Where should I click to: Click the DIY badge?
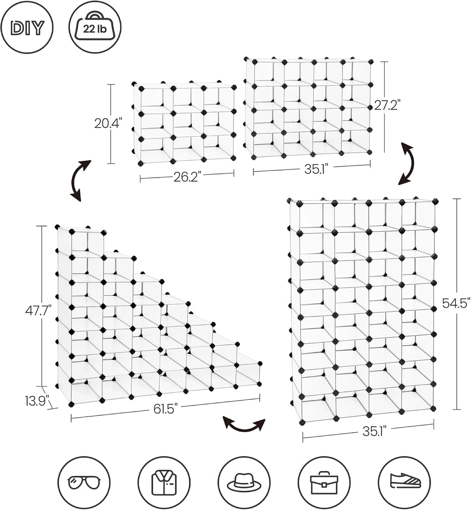[27, 28]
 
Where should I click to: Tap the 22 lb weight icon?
[95, 28]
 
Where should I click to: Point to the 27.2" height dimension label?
[387, 105]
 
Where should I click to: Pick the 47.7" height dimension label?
[38, 311]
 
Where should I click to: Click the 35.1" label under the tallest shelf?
[374, 431]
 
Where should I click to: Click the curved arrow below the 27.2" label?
[411, 163]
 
